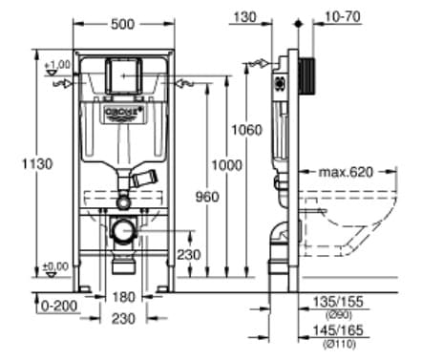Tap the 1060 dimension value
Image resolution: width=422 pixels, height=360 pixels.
pyautogui.click(x=246, y=130)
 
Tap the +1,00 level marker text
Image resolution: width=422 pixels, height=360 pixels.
pyautogui.click(x=59, y=64)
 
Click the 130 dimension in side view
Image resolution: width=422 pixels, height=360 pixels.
pyautogui.click(x=246, y=16)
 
